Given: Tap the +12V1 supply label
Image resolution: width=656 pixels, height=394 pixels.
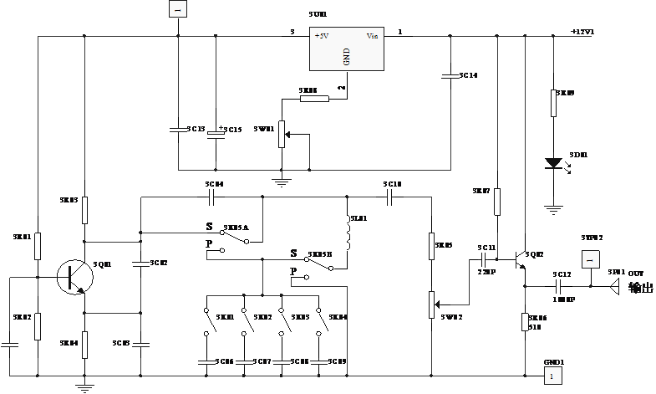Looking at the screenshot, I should pos(582,32).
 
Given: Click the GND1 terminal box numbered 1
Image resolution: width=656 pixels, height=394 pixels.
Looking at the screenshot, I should pos(552,376).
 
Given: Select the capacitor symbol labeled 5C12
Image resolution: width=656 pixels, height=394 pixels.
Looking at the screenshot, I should pos(562,286).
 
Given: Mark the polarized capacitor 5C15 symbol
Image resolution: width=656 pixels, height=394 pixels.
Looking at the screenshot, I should pos(216,131).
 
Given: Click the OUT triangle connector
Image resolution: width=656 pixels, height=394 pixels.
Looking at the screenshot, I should pos(616,286).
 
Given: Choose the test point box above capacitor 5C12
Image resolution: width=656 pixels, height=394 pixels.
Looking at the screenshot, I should pos(590,260).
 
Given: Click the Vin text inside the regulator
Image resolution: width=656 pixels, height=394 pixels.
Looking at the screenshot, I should pos(372,36).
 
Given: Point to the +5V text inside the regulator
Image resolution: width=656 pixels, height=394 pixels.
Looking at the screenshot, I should pos(321,36).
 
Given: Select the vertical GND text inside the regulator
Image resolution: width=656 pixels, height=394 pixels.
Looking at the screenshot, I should pos(346,57).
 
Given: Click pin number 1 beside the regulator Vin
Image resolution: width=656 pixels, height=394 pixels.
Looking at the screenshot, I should pos(399,32).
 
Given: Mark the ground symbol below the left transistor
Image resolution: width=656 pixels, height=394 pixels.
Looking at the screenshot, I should pos(84,386).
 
